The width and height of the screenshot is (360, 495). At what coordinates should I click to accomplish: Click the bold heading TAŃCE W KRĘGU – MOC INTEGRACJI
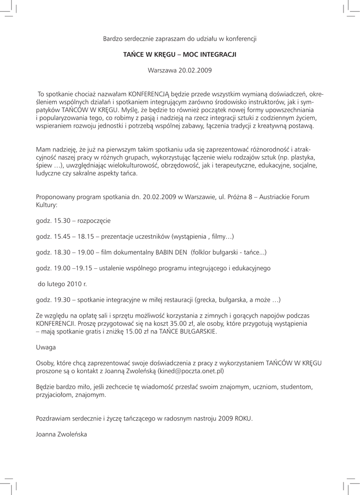pos(180,55)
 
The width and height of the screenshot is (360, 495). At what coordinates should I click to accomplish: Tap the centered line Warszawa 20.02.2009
pos(180,71)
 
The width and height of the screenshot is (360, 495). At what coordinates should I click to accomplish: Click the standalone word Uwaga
pos(45,347)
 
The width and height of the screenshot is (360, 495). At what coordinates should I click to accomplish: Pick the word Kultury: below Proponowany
pos(46,205)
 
